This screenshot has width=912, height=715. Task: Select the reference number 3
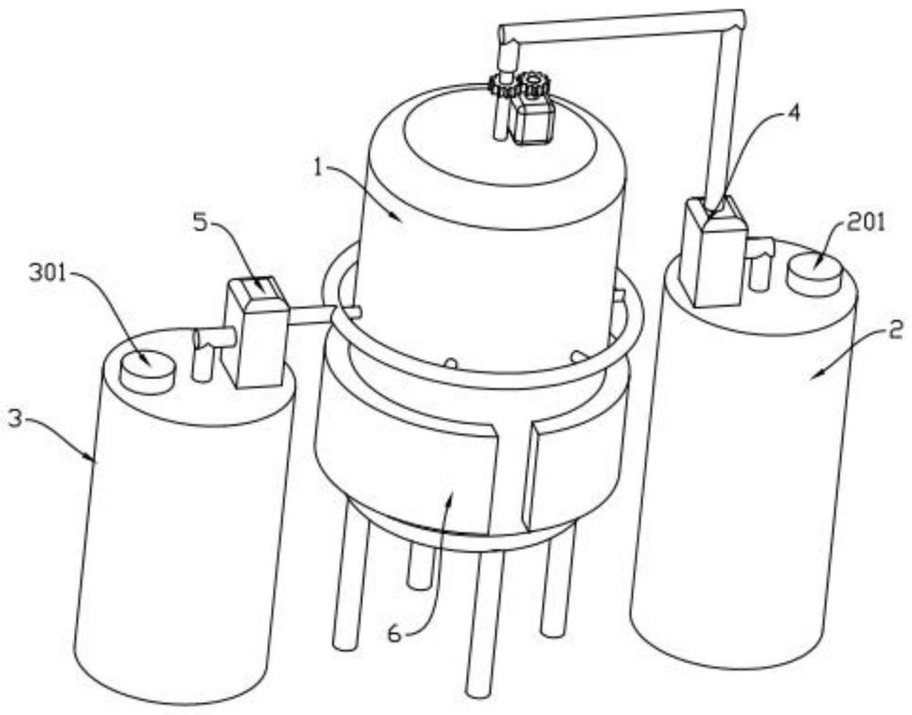pyautogui.click(x=16, y=417)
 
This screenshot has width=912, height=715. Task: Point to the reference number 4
pyautogui.click(x=792, y=112)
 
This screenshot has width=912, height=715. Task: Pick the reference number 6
pyautogui.click(x=394, y=634)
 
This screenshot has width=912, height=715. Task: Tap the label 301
pyautogui.click(x=47, y=273)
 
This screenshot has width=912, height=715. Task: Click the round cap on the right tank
pyautogui.click(x=814, y=273)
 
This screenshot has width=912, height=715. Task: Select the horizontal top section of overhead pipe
pyautogui.click(x=621, y=24)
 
